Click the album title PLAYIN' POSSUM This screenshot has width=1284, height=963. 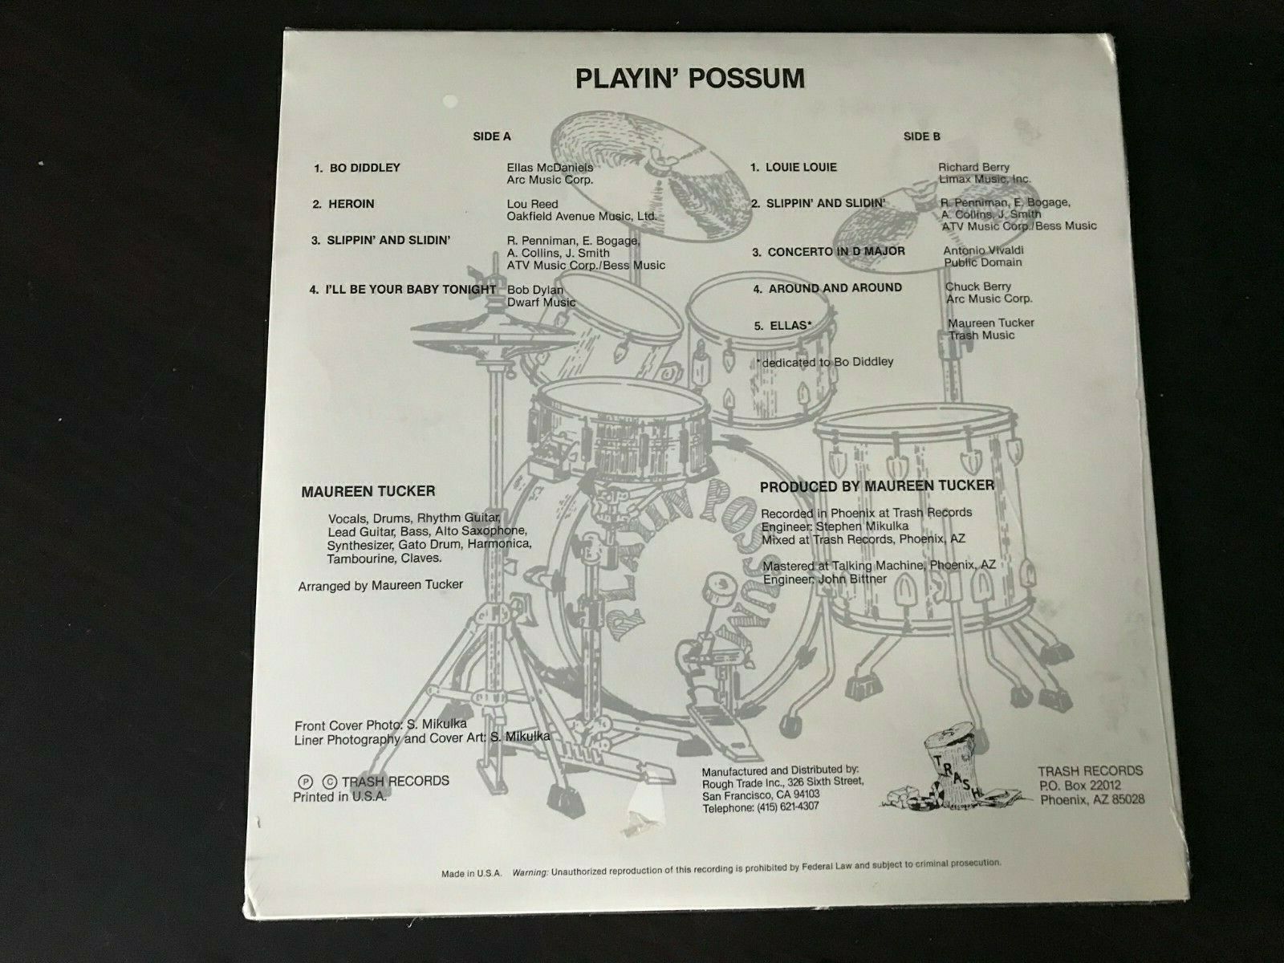690,79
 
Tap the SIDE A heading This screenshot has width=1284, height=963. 492,136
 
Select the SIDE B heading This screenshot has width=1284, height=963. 922,136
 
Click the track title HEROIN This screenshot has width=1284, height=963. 351,204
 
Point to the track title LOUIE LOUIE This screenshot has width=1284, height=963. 802,167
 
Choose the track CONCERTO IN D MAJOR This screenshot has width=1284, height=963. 836,251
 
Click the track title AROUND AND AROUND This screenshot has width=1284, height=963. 835,287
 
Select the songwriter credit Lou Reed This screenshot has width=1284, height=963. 532,204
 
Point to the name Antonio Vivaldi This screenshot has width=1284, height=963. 983,250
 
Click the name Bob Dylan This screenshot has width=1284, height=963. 535,290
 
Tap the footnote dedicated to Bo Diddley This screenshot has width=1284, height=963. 826,362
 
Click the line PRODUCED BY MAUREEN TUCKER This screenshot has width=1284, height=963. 877,486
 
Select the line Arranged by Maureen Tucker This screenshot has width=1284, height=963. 380,585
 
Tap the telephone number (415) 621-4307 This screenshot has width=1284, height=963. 788,807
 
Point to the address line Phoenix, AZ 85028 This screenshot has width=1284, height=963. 1092,799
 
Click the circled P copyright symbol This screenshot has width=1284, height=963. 305,782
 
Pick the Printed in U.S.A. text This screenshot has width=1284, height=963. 340,796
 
